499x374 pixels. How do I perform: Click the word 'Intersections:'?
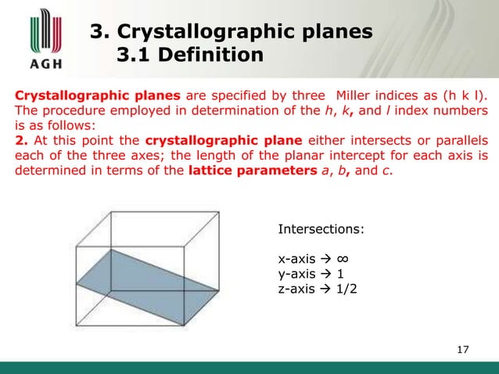click(321, 229)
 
